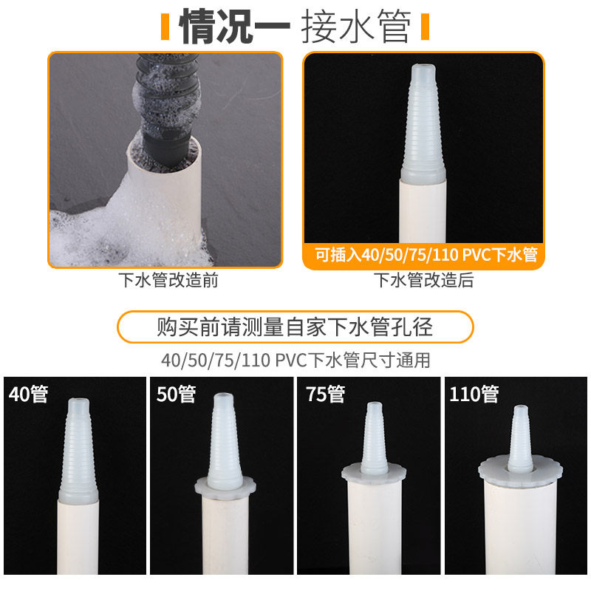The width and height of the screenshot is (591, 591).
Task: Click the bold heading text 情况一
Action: pos(234,27)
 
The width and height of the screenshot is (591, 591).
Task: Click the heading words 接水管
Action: pos(356,27)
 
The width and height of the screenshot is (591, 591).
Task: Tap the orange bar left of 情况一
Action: pos(165,27)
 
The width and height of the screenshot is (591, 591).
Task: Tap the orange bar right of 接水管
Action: pos(426,27)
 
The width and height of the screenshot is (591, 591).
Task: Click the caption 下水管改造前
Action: pos(168,280)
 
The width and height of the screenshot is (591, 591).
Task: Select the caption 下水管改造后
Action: pos(423,280)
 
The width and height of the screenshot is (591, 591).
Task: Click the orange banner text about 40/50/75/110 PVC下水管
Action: pos(426,255)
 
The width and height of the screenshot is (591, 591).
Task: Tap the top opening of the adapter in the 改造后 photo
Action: pos(423,68)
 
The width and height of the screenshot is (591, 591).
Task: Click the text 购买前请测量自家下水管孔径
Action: pos(295,327)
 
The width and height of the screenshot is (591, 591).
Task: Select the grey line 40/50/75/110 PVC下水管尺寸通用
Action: pos(296,361)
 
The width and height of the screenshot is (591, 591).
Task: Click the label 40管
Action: pos(29,394)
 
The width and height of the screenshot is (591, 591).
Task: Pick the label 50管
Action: pos(177,394)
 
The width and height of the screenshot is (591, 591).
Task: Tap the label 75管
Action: pos(326,394)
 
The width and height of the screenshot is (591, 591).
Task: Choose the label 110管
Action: pos(474,394)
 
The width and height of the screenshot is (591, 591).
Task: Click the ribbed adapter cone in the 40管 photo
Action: pos(78,451)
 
